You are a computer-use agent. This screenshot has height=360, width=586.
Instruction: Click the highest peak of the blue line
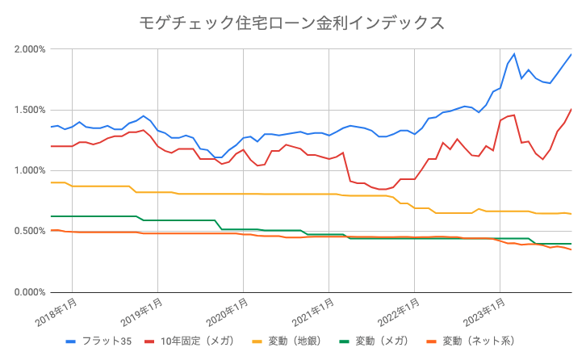571,54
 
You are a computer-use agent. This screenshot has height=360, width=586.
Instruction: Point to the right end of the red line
571,109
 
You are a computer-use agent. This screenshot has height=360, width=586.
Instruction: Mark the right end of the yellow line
571,214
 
